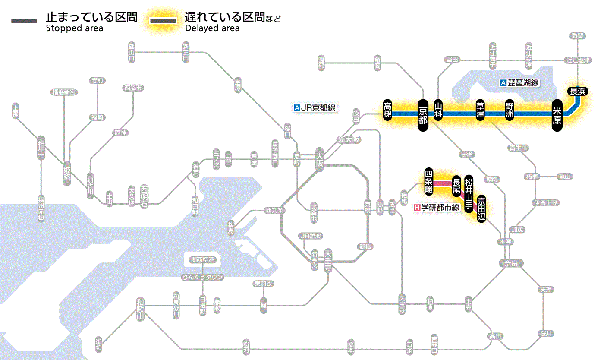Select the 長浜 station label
577,91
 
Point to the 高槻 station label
387,110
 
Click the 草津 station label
480,110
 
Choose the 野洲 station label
510,110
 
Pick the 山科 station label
438,110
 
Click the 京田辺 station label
481,208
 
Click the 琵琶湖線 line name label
519,83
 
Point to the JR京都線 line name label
314,108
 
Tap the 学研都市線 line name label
437,208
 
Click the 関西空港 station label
202,260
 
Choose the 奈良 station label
510,263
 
